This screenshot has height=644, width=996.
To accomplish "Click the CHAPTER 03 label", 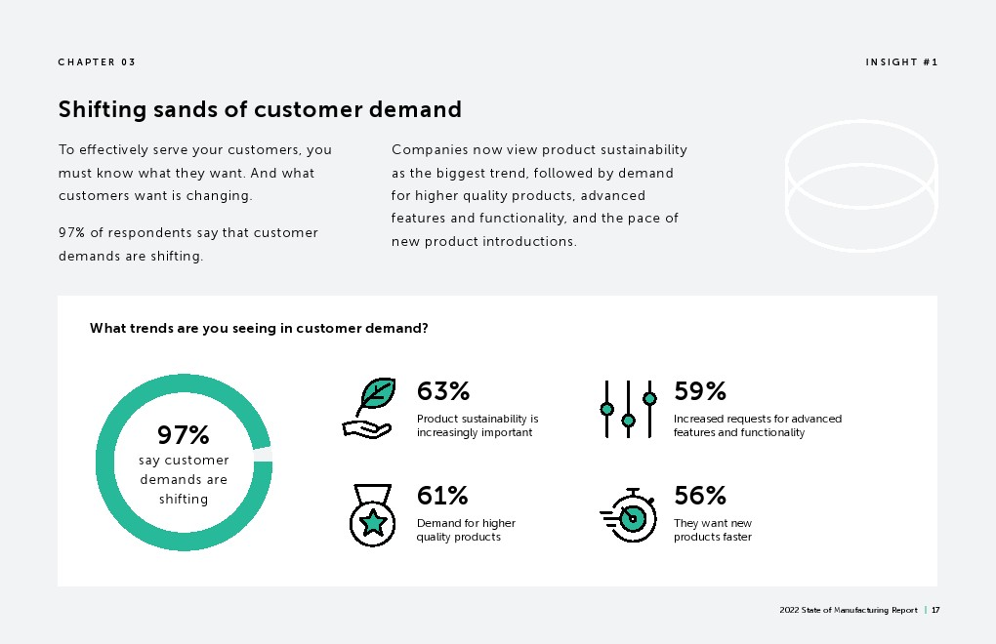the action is tap(97, 62).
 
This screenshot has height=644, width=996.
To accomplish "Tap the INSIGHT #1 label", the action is tap(901, 62).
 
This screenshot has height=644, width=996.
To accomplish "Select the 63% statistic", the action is tap(443, 391).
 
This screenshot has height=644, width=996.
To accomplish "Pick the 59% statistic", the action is tap(700, 391).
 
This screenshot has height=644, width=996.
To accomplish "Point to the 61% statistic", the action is tap(442, 495).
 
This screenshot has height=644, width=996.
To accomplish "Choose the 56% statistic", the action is tap(700, 495).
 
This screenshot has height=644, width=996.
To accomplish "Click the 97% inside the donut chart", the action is tap(183, 435).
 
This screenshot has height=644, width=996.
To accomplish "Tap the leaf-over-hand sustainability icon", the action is tap(370, 408).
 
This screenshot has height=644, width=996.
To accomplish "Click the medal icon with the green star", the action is tap(373, 514).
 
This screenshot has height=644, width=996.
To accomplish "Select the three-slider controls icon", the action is tap(628, 409).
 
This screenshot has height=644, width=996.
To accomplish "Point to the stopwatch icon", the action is tap(628, 515).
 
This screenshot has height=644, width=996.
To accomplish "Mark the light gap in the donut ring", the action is tap(263, 455).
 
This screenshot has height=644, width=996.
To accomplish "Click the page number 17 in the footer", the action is tap(935, 611).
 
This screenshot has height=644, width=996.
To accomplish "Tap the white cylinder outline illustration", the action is tap(861, 186).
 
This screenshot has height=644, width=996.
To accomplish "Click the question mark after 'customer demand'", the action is tap(425, 328).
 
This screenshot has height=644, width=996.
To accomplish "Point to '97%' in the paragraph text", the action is tap(72, 233).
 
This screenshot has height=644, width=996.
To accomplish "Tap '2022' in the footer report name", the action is tap(789, 611).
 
